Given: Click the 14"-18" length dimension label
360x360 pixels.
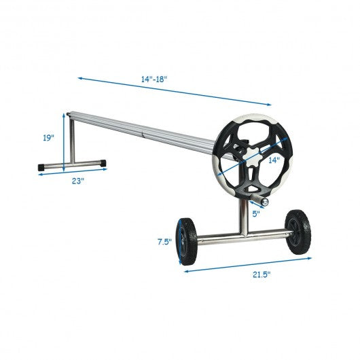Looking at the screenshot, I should tap(154, 79).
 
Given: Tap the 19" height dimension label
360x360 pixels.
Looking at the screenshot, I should tap(48, 138).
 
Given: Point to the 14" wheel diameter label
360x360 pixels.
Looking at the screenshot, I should tap(273, 160).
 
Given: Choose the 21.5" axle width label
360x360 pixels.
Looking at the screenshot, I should tap(260, 274).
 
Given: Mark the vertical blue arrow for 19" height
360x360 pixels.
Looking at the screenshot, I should tap(65, 143).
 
